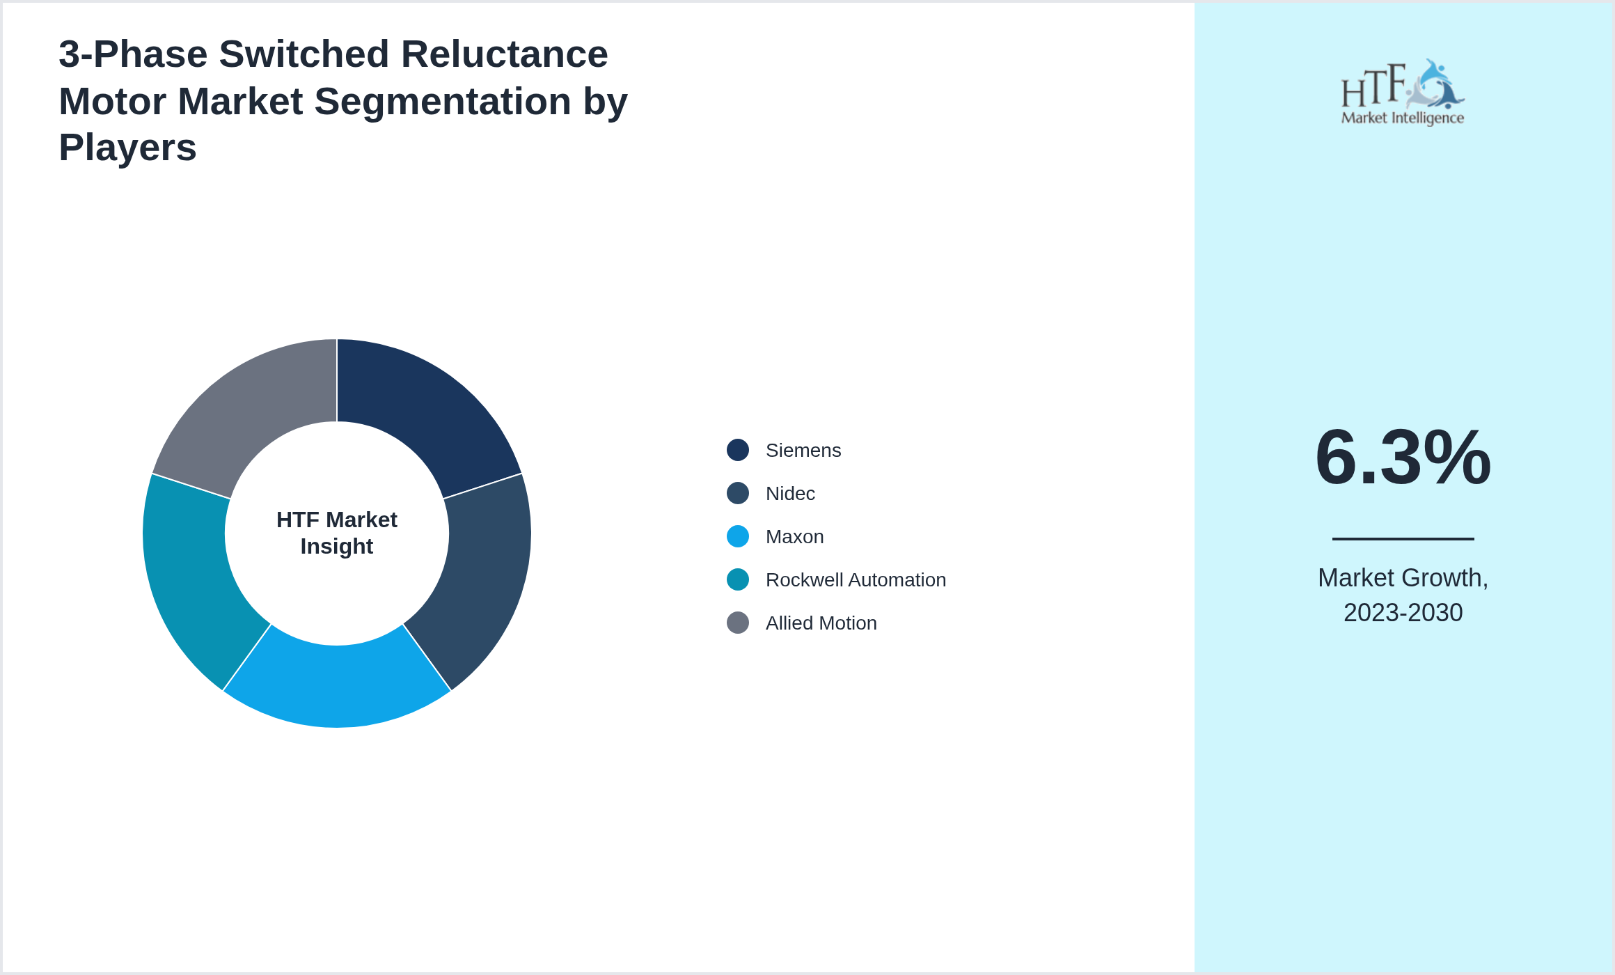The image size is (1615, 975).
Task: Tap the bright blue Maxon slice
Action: point(337,686)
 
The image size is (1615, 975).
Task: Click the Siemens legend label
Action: point(803,451)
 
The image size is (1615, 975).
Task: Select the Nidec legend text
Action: point(790,494)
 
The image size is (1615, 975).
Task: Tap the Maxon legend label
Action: point(794,537)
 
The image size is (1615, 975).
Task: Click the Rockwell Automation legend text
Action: point(856,580)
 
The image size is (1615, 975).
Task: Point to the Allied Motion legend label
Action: point(821,623)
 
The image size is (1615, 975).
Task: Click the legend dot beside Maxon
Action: point(738,537)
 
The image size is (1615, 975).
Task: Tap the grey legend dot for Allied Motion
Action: point(738,623)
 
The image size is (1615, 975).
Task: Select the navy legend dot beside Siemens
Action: point(738,450)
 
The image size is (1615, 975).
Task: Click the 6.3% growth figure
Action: point(1403,458)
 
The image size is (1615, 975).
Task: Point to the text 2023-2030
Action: point(1403,613)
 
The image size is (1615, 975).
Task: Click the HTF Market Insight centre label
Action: point(337,533)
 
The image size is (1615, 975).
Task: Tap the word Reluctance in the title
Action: point(504,54)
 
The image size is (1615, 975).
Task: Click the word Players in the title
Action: point(127,148)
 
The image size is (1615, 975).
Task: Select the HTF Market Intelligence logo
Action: point(1403,93)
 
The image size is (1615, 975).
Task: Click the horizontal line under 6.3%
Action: point(1403,538)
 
